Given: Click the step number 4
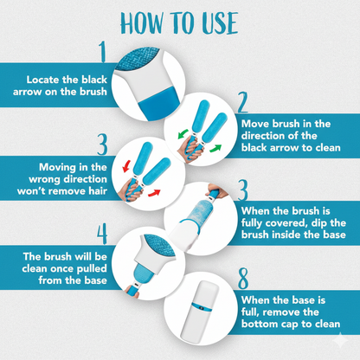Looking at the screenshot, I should point(102,234).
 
